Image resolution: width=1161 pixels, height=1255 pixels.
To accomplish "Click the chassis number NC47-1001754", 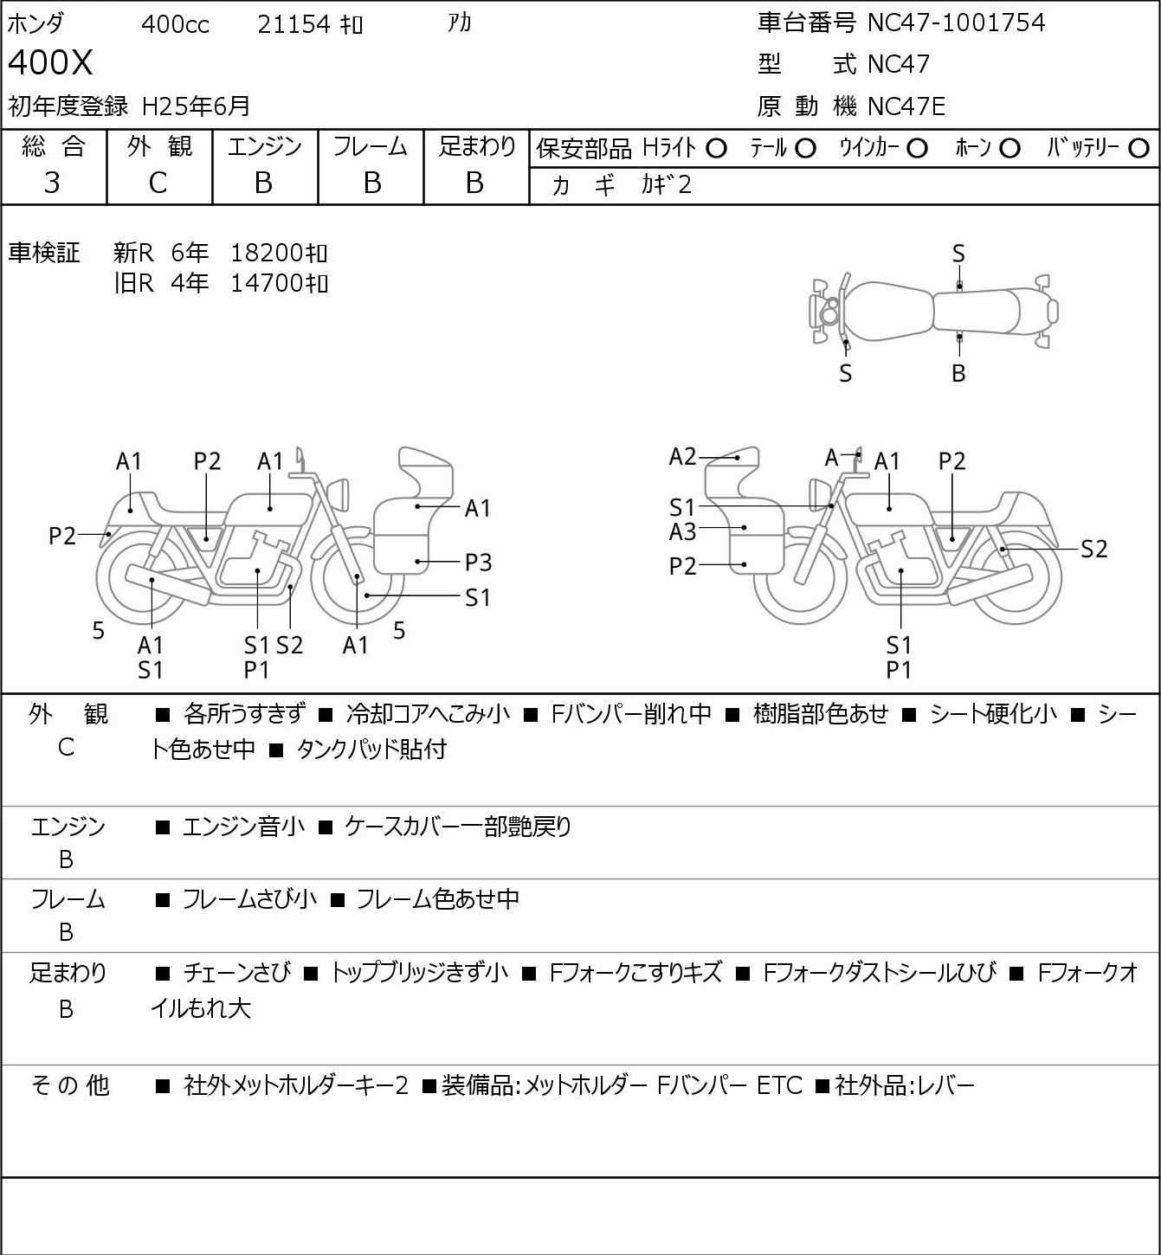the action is [956, 23].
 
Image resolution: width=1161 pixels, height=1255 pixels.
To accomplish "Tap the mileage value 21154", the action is [293, 24].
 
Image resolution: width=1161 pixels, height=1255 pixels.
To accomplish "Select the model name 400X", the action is [50, 62].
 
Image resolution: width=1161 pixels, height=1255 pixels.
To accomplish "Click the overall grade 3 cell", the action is [52, 183].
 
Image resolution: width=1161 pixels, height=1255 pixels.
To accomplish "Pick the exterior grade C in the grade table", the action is [158, 183].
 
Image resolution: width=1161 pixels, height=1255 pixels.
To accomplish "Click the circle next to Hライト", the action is [716, 149].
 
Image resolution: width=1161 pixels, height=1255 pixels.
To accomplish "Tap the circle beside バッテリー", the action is [1138, 149].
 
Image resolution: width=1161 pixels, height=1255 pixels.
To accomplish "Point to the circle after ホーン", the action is [1009, 149].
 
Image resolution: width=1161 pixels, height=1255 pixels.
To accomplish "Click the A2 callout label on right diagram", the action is [682, 456].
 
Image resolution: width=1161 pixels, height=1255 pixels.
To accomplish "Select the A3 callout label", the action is [682, 532].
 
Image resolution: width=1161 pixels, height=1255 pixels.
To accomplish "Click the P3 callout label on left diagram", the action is [478, 563].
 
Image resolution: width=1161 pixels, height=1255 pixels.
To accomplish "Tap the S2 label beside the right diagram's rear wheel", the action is [1094, 549].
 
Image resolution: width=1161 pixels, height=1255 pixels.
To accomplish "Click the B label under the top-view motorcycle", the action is [958, 373].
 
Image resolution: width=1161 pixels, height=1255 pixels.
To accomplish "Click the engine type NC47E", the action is [906, 106].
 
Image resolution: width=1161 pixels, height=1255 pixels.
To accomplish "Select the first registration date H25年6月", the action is [196, 106].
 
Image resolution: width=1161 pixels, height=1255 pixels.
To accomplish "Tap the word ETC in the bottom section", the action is [780, 1085].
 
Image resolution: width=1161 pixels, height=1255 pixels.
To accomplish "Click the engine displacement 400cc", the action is [175, 24].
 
